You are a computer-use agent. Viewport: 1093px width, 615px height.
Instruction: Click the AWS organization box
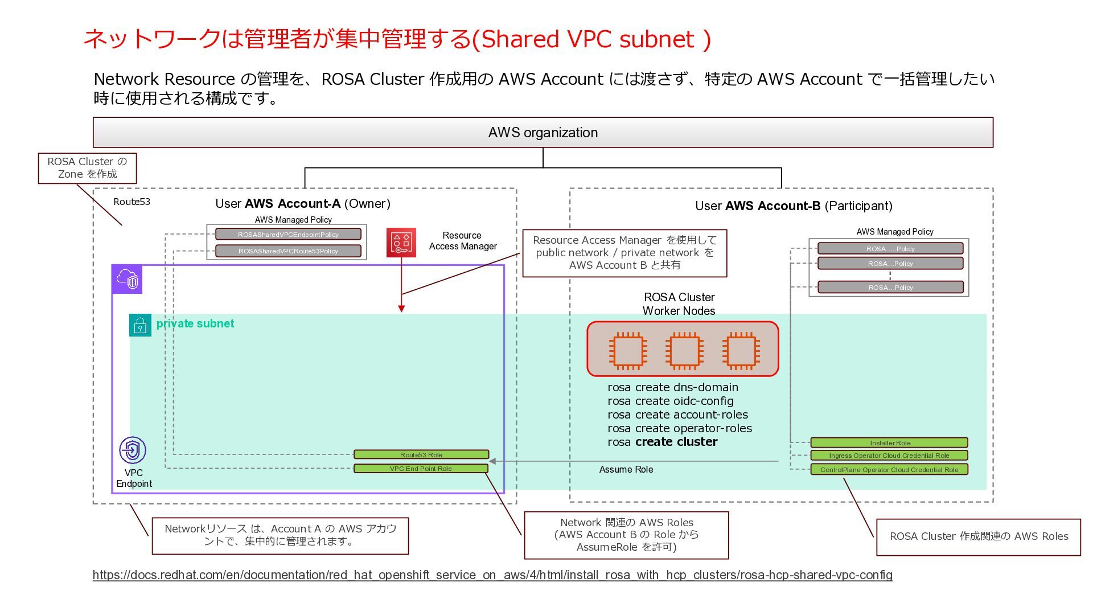coord(543,132)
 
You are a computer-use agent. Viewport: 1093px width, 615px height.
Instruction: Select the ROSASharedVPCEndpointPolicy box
coord(288,234)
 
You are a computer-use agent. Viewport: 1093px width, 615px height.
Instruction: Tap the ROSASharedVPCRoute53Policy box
coord(288,251)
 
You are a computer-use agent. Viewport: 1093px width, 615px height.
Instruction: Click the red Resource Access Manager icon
coord(401,243)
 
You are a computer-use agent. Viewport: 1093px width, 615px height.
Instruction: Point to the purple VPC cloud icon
coord(127,279)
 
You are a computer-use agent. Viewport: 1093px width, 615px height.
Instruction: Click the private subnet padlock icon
coord(140,325)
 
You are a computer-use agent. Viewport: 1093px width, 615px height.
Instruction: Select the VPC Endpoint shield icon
coord(133,450)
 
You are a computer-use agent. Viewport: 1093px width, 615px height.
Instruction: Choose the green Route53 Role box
coord(421,454)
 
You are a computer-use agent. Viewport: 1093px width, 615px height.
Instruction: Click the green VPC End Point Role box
coord(421,469)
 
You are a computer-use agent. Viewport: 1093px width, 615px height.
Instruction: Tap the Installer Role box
coord(889,442)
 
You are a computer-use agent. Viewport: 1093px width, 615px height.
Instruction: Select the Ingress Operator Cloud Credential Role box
coord(889,456)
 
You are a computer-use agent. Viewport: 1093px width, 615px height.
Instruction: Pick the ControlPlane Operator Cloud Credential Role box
coord(889,470)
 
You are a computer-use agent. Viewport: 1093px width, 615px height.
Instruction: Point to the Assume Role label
coord(626,469)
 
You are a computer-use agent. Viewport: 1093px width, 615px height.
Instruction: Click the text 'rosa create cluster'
coord(663,442)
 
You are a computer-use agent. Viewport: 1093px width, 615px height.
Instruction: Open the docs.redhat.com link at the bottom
coord(492,575)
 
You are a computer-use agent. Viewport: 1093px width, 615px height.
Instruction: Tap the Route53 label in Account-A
coord(132,202)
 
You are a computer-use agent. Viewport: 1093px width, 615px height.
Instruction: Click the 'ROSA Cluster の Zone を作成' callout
coord(87,168)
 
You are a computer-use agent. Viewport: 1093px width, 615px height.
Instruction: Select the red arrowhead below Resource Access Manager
coord(401,309)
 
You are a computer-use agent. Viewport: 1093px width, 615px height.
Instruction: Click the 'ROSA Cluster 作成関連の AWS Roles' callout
coord(979,536)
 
